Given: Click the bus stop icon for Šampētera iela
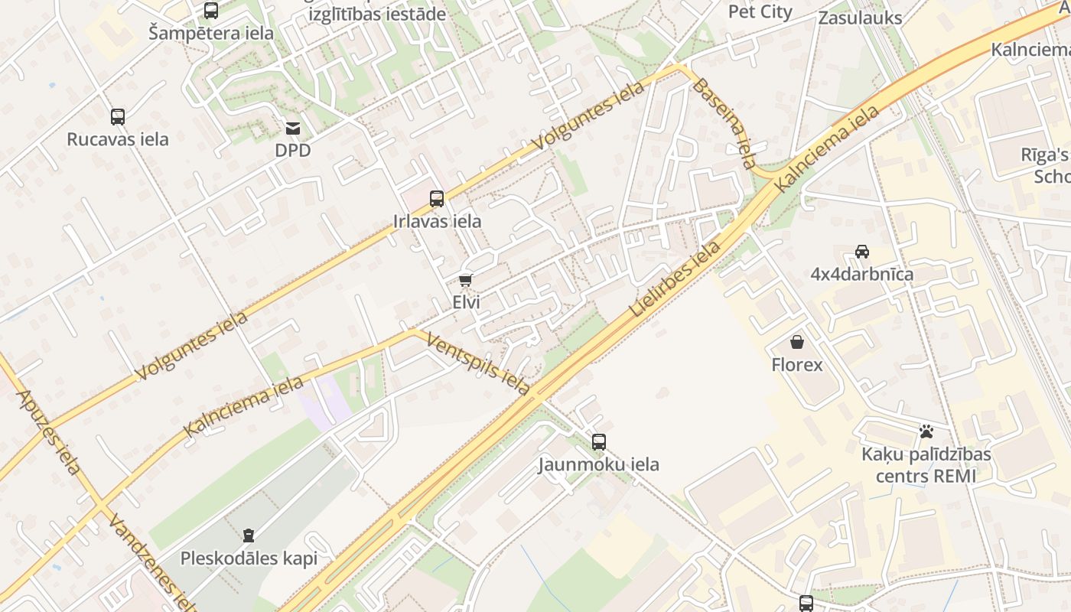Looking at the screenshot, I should [211, 11].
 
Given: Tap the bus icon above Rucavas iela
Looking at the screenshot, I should [118, 117].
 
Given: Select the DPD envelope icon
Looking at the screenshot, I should [293, 129].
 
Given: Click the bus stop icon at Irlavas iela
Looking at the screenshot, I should [437, 199].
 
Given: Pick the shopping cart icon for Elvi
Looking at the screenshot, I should [466, 281].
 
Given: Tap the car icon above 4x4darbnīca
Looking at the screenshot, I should [862, 252].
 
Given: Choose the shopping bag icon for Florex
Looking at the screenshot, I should [797, 342].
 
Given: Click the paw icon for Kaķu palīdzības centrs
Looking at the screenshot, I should [926, 432].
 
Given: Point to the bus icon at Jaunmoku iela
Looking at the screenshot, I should [599, 442].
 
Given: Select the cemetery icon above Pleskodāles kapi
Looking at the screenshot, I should [249, 535].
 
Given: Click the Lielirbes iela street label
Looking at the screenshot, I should [675, 280].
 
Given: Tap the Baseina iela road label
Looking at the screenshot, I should [724, 122].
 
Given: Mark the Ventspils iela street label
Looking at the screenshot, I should [478, 364].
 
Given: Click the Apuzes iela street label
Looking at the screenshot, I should [47, 432].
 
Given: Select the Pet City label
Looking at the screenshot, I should [760, 11].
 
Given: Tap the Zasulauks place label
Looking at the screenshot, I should [860, 18].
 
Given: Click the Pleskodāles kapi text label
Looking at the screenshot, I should [249, 558].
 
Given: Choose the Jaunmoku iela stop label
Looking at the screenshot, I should [598, 464].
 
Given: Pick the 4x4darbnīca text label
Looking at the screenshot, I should [862, 274].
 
